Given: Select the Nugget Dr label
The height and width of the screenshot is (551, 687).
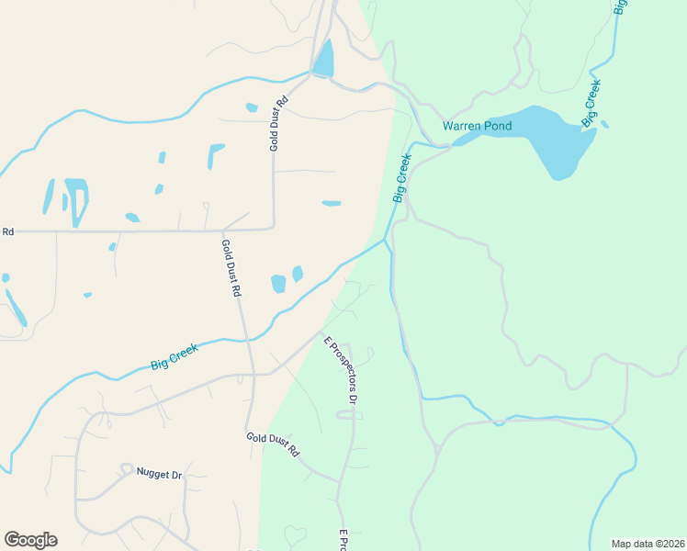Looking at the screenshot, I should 160,474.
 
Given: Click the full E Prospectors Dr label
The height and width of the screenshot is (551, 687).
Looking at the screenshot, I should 340,369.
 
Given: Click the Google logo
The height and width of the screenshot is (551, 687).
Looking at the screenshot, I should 30,540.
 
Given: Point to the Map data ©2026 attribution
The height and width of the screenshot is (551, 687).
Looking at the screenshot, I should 647,543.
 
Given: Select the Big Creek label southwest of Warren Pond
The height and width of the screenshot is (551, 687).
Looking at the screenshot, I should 401,178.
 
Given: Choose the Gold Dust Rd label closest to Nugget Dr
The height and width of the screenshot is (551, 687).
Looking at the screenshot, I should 273,444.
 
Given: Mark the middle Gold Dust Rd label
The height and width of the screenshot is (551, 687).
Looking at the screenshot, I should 231,267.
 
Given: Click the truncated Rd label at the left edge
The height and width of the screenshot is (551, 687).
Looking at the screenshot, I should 7,232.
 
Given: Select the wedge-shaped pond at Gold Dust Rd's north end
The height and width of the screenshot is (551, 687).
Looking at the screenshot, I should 323,61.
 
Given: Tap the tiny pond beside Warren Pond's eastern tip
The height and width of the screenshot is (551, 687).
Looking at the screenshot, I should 604,124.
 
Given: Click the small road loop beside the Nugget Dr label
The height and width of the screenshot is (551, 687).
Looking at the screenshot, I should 125,469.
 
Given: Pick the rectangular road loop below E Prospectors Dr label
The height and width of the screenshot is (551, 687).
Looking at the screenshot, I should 344,415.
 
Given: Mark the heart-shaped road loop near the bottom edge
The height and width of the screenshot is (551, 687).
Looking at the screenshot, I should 296,534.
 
